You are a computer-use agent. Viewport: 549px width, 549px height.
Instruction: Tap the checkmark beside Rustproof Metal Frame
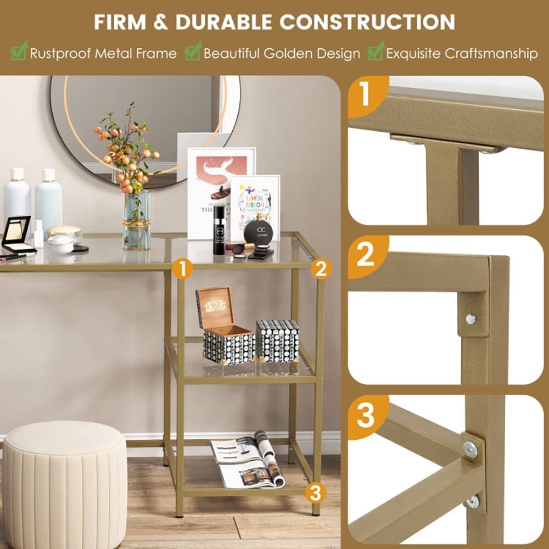[19, 53]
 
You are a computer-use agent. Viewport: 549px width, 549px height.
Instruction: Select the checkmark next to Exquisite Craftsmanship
[376, 53]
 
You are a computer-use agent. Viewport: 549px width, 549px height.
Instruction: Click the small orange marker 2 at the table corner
[321, 268]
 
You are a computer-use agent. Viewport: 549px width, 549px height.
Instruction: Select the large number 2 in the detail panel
[366, 255]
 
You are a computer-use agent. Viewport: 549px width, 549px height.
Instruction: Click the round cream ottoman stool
[65, 483]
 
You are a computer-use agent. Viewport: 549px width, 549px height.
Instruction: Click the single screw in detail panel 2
[470, 318]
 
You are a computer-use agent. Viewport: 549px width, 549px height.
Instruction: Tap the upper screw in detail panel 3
[470, 450]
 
